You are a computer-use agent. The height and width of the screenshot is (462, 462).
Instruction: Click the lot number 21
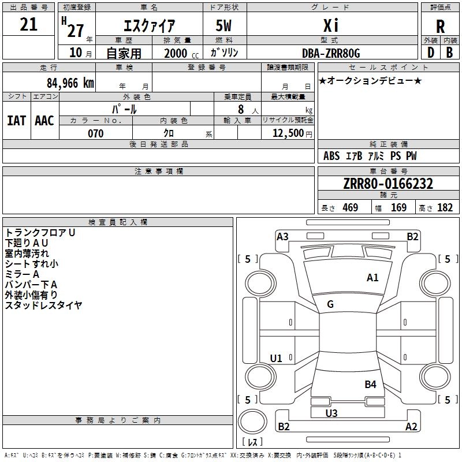(28, 24)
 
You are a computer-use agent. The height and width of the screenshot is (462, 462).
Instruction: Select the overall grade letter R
(440, 27)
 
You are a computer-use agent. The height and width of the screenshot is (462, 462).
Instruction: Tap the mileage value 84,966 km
(70, 83)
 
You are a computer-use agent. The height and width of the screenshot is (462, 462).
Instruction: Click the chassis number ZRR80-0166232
(388, 184)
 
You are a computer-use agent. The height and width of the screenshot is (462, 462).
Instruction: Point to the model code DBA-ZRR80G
(331, 53)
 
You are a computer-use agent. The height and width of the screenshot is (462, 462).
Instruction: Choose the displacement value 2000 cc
(181, 53)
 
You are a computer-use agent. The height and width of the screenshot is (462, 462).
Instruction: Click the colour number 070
(96, 133)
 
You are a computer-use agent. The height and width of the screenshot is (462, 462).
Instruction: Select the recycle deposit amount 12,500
(288, 133)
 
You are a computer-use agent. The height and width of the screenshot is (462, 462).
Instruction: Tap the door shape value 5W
(223, 25)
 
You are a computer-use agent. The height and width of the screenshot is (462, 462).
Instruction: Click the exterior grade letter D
(431, 53)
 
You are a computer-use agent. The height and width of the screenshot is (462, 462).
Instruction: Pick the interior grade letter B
(449, 53)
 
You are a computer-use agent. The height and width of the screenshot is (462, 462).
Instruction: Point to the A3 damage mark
(282, 237)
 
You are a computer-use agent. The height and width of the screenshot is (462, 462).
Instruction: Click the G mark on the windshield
(330, 304)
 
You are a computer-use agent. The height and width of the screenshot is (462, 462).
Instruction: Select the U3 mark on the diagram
(331, 413)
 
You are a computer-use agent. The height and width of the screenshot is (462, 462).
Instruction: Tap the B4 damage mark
(370, 385)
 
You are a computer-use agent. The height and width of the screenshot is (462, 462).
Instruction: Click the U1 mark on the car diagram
(276, 358)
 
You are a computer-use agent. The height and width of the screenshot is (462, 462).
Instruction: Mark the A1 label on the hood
(372, 278)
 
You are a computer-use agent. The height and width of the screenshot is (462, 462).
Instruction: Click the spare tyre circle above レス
(252, 422)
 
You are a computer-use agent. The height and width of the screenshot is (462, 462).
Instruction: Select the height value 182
(445, 207)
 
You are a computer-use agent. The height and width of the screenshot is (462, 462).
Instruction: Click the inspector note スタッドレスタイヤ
(43, 305)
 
